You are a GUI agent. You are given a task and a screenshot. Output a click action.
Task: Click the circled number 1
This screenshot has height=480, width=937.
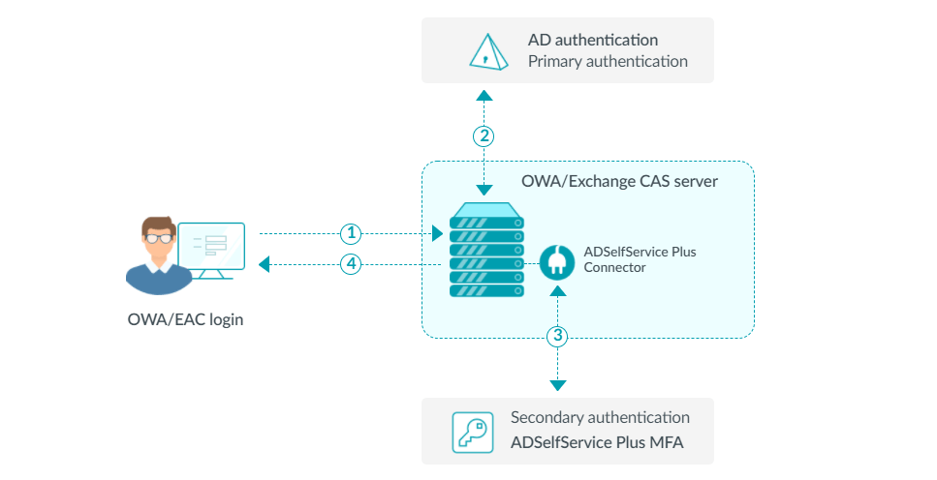click(352, 233)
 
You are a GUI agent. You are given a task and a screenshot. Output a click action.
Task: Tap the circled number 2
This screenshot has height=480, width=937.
click(484, 135)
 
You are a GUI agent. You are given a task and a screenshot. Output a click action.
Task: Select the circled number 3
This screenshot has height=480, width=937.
click(557, 337)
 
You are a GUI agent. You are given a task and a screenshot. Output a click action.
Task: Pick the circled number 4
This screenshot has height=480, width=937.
click(352, 263)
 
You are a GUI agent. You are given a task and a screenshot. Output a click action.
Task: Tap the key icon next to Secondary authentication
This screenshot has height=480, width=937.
click(473, 433)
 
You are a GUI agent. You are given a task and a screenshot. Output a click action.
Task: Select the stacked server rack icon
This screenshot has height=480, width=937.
click(486, 250)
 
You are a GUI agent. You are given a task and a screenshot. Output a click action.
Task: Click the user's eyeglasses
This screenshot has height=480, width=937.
click(159, 238)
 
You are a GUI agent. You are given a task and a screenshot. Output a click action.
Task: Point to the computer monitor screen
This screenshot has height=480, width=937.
click(211, 246)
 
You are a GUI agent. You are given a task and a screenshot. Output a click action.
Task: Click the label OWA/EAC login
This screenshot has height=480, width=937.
click(185, 318)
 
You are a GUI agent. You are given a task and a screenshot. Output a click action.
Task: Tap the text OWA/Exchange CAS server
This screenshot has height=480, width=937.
click(619, 181)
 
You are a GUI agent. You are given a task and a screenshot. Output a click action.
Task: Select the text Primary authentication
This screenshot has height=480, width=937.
click(608, 62)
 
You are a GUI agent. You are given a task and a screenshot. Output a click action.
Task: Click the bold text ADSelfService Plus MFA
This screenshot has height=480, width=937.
click(598, 444)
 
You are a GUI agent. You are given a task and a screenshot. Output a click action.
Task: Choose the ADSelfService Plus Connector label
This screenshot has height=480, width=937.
click(640, 259)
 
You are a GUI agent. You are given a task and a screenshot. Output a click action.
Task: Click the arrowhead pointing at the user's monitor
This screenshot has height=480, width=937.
click(265, 263)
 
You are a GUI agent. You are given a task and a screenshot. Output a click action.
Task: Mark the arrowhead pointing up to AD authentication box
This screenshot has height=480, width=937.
click(484, 95)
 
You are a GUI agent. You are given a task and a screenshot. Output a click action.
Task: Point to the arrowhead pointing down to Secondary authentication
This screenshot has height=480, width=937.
click(557, 385)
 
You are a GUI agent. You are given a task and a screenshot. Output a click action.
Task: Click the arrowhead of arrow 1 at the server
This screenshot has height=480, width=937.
click(436, 233)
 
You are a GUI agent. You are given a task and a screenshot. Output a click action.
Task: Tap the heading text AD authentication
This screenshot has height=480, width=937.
click(593, 40)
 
